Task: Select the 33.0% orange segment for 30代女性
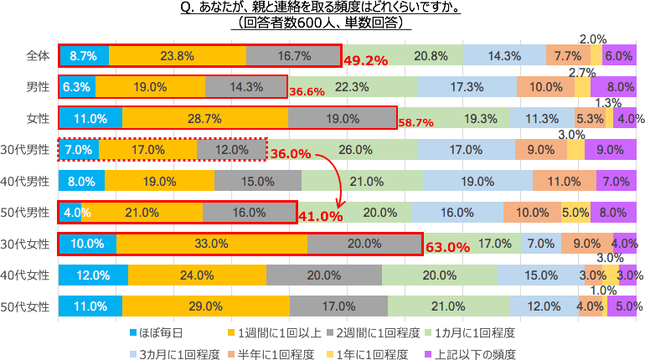coord(212,244)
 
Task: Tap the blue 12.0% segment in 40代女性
coord(93,275)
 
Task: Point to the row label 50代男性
coord(28,213)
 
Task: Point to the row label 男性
coord(37,86)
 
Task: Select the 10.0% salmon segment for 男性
coord(545,87)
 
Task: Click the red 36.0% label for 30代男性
coord(292,154)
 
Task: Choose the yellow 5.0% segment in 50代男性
coord(575,213)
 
